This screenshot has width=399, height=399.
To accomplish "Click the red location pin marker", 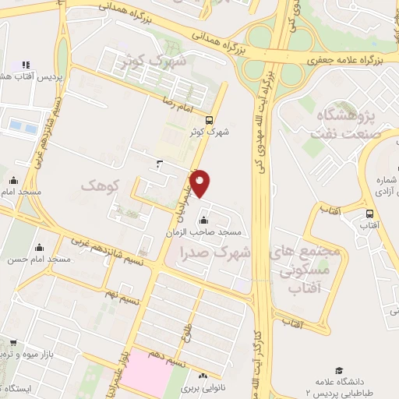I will tap(200, 182).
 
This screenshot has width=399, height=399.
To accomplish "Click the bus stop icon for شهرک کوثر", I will tap(209, 120).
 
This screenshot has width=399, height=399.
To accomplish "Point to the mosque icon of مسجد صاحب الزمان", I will tap(204, 219).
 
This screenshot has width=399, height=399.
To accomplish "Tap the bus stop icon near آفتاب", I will tap(369, 213).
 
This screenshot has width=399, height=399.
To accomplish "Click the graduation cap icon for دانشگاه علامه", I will tap(338, 370).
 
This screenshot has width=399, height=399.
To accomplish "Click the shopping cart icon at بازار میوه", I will tap(13, 342).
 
